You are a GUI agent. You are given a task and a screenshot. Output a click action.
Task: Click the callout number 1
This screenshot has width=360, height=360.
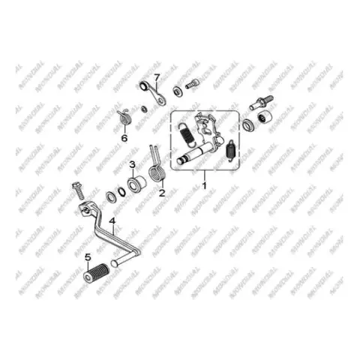[205, 186]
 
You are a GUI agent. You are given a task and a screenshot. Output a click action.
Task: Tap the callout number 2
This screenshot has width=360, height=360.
[162, 193]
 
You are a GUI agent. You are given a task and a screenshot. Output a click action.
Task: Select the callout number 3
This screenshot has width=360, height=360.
[132, 164]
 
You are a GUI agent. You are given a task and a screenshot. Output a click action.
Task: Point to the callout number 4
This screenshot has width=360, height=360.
[112, 221]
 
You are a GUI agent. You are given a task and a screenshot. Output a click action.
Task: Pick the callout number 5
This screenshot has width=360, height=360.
[88, 257]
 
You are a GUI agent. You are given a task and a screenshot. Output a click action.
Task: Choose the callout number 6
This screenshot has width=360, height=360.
[124, 138]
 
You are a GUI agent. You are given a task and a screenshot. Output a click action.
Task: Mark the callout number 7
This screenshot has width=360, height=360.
[157, 77]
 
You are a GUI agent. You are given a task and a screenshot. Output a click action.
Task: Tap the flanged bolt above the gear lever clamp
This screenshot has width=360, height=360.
[78, 191]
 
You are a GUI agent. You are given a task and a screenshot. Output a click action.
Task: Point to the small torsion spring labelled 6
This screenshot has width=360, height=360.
[124, 117]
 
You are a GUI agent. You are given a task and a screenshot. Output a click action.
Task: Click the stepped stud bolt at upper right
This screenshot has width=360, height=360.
[262, 102]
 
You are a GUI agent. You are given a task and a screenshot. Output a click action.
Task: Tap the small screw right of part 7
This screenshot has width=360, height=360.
[192, 83]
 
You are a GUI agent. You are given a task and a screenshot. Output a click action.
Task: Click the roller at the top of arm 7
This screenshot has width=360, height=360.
[143, 85]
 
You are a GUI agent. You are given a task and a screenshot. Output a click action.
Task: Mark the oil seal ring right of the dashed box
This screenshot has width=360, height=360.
[248, 124]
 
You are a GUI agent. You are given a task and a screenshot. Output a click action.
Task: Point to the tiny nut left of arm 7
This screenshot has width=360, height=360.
[144, 109]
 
